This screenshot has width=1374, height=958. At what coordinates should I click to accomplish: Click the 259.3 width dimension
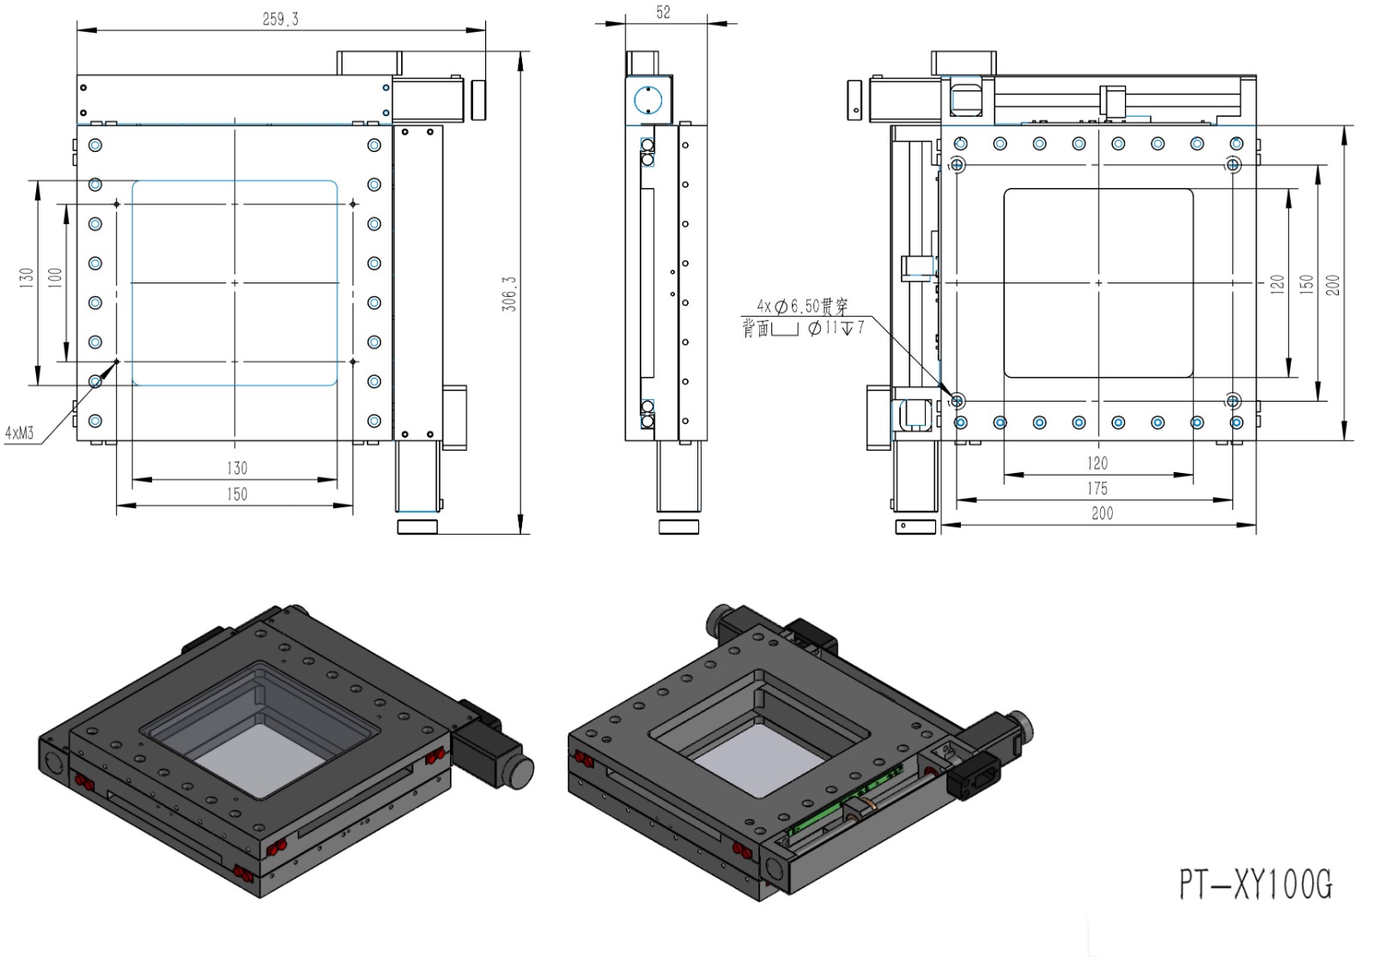point(281,19)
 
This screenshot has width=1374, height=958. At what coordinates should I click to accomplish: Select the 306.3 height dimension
point(509,294)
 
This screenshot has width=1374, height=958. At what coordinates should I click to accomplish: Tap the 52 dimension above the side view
point(663,12)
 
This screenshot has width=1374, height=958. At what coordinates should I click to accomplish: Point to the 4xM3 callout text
point(19,433)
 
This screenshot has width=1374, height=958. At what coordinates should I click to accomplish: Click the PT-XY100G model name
point(1255,883)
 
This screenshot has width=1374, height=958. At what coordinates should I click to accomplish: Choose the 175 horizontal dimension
point(1097,488)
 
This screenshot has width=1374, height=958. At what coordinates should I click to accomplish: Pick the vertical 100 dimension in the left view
point(55,278)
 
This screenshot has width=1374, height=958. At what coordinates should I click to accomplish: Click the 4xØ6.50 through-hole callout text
point(802,306)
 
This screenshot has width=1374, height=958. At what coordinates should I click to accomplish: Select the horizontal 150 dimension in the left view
point(237,494)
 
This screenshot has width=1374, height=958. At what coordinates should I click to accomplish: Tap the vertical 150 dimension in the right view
point(1306,283)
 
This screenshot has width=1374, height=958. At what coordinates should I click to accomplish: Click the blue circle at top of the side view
point(648,101)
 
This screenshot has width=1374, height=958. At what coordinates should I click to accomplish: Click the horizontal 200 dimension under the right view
point(1102,513)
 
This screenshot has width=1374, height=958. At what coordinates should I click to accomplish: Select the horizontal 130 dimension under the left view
point(237,468)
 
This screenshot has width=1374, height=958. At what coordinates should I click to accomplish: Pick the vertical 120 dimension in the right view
point(1277,283)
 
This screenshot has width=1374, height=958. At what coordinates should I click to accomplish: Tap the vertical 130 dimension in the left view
point(26,278)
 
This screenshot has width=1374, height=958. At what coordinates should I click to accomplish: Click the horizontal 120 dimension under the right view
point(1097,464)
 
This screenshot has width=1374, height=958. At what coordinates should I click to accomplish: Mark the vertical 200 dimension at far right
point(1333,285)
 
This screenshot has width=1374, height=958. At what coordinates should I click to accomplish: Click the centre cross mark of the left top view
point(234,282)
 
